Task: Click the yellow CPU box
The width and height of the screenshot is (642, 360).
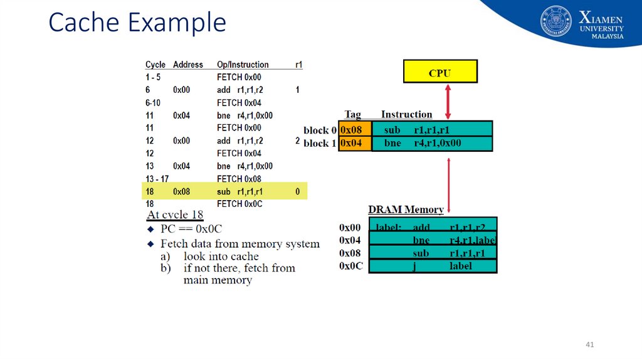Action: tap(439, 71)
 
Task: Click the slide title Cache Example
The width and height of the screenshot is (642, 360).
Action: tap(137, 23)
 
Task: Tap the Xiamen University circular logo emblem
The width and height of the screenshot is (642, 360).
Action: tap(556, 21)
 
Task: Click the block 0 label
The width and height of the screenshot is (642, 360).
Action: tap(320, 130)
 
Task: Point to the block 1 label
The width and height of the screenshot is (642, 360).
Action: tap(320, 144)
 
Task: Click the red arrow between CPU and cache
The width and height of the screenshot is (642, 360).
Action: tap(448, 102)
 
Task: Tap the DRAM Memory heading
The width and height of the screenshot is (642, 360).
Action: tap(406, 209)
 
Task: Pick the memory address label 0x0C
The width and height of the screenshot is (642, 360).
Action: tap(351, 266)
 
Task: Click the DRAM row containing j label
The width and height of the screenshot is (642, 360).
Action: tap(433, 266)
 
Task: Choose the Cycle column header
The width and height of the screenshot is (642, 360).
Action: tap(155, 65)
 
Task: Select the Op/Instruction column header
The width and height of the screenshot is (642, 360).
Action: tap(242, 65)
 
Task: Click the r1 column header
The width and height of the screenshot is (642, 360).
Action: tap(298, 65)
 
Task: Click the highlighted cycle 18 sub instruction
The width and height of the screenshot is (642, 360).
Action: tap(239, 191)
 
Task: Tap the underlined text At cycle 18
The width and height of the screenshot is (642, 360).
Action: tap(175, 215)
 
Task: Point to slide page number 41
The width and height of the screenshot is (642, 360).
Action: tap(589, 344)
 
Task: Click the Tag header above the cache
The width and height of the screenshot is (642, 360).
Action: tap(352, 114)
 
